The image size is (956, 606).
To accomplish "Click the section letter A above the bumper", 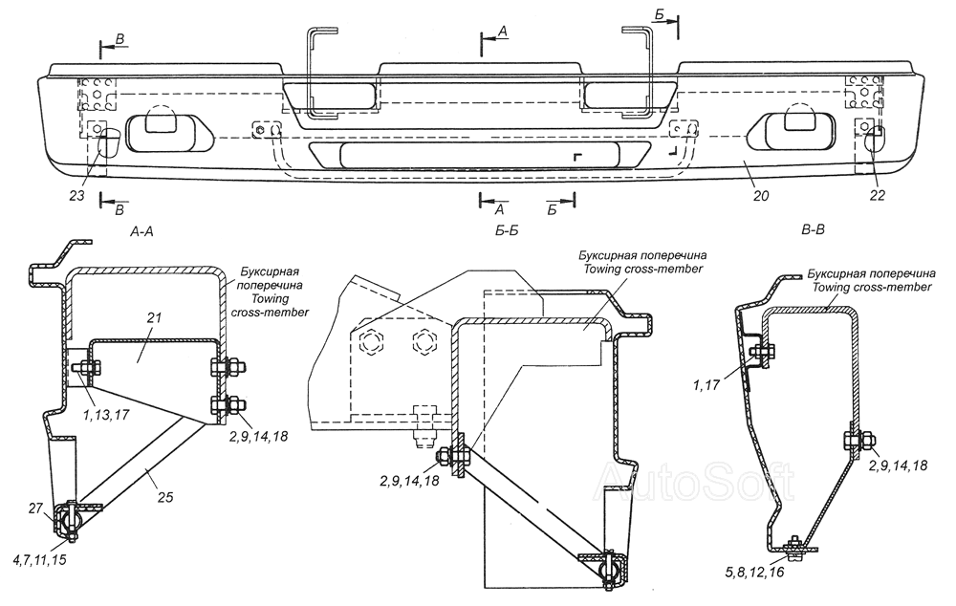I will [503, 32].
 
